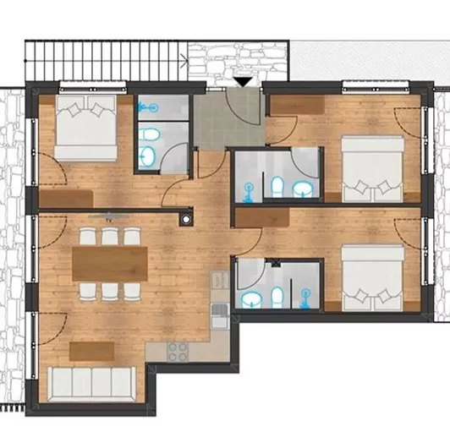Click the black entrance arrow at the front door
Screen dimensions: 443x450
click(242, 82)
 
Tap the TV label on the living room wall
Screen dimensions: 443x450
click(107, 216)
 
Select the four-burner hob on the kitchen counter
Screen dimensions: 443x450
click(178, 351)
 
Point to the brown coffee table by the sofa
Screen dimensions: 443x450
click(92, 348)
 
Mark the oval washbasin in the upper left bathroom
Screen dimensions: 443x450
click(149, 155)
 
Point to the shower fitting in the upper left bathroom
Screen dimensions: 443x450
click(150, 107)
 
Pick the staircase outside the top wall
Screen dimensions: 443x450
click(105, 60)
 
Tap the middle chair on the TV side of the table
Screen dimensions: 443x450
click(110, 236)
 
